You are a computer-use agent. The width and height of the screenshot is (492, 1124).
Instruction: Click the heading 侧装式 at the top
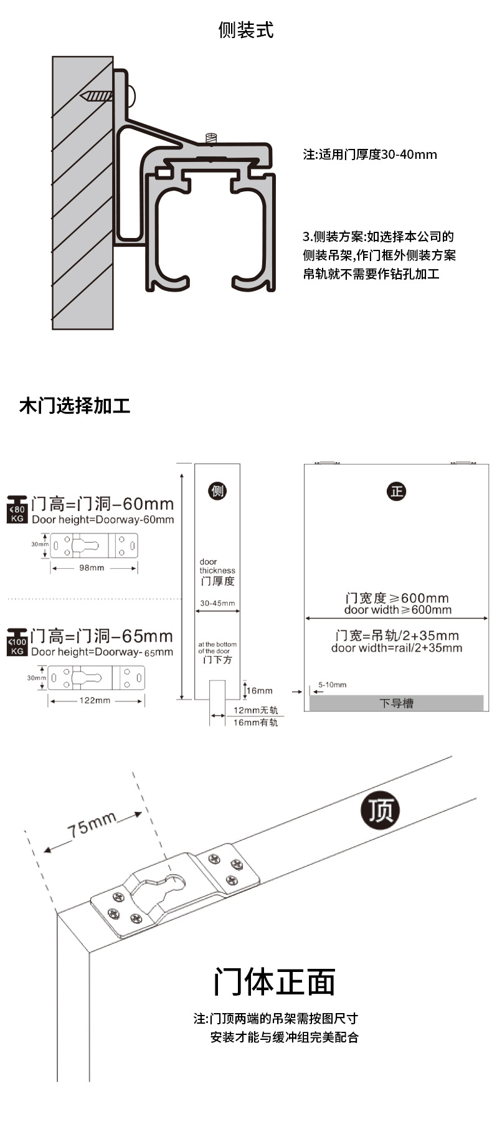click(246, 30)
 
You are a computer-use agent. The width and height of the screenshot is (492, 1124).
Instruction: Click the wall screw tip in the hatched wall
click(82, 97)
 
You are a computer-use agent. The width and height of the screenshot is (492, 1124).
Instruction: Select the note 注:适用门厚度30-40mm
click(370, 154)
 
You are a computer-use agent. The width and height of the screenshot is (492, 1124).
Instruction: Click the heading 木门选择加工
click(75, 406)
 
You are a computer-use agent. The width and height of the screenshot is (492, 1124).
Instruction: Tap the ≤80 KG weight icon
click(17, 510)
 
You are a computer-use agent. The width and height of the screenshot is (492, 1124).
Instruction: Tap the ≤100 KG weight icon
click(17, 642)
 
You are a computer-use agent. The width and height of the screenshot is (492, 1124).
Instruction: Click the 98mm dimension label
click(92, 568)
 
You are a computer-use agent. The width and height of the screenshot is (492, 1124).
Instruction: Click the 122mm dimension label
click(95, 700)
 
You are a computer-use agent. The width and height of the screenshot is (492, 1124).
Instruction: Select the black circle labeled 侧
click(217, 491)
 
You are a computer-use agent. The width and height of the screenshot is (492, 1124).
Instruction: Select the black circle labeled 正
click(397, 491)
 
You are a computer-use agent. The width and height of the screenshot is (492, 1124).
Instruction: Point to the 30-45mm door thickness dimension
click(217, 603)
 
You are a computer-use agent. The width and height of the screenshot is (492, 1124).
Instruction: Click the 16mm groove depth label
click(260, 690)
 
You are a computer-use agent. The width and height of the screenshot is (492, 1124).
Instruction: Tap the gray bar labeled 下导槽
click(397, 703)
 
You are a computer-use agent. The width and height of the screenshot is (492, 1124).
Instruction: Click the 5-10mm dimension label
click(333, 685)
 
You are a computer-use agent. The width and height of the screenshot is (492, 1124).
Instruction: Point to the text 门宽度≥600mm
click(397, 598)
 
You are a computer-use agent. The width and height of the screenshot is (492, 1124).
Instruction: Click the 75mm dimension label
click(92, 826)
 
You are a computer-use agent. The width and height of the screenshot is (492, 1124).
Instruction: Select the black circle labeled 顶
click(381, 811)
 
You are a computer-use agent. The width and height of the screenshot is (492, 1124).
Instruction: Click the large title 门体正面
click(275, 982)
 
